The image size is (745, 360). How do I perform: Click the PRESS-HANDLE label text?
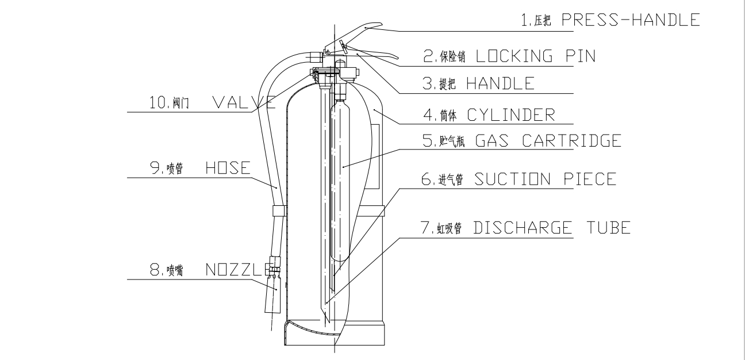[x=631, y=20]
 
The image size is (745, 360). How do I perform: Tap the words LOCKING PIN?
[x=536, y=56]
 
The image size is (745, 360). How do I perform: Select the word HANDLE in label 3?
[x=501, y=83]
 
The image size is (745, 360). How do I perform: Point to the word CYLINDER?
[x=511, y=115]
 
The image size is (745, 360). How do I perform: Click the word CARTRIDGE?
[x=572, y=140]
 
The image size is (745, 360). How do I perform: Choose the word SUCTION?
[x=513, y=179]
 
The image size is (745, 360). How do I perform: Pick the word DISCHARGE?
[x=523, y=228]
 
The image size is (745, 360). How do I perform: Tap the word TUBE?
[x=609, y=228]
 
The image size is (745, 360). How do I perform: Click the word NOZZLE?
[x=239, y=270]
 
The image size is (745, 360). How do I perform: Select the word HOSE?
[x=228, y=168]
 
